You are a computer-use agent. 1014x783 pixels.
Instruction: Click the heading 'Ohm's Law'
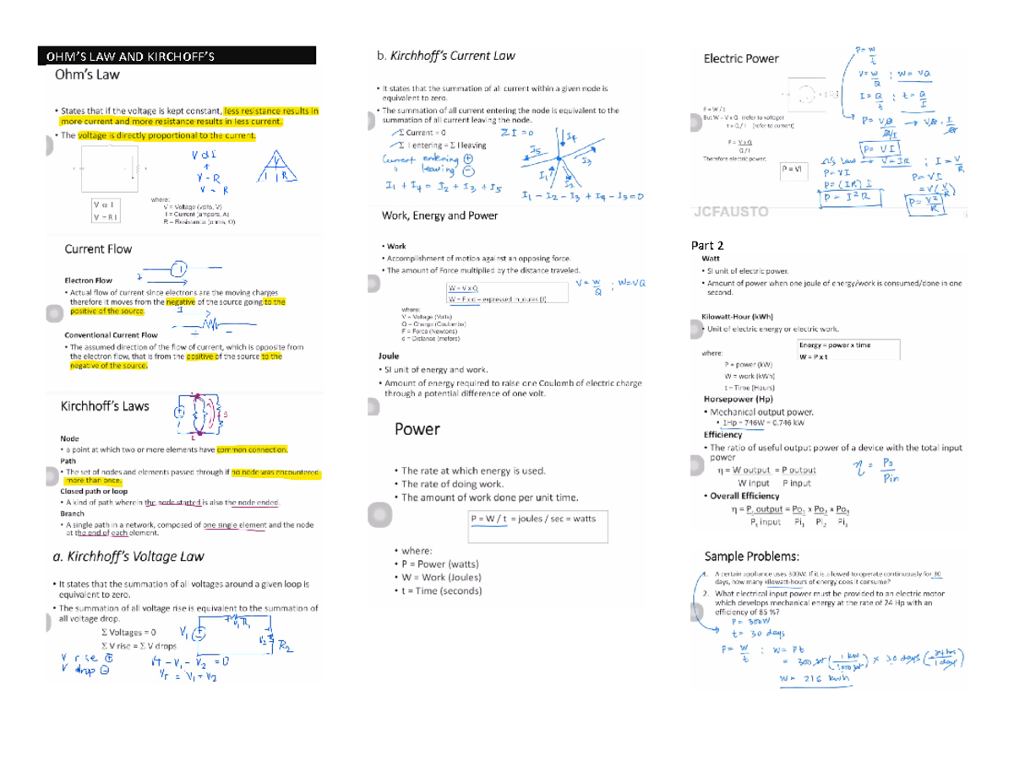[87, 74]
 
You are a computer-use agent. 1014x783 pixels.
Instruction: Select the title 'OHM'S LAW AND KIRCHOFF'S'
[130, 57]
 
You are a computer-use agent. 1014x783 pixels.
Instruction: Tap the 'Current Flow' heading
[98, 249]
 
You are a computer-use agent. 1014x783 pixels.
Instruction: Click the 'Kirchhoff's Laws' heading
[105, 406]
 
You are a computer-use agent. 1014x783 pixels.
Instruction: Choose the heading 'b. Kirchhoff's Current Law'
[445, 56]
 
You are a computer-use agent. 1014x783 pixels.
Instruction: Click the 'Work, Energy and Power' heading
[440, 215]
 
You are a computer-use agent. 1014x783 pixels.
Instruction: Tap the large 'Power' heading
[417, 429]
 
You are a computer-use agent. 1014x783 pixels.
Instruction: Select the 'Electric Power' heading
[741, 58]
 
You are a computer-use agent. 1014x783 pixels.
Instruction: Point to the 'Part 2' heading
[707, 246]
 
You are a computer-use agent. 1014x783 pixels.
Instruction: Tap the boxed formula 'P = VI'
[793, 169]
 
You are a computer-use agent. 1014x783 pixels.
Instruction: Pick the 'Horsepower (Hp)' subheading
[739, 399]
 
